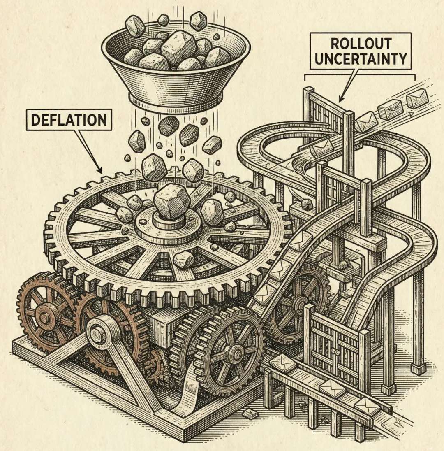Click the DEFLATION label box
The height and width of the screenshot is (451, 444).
tap(69, 120)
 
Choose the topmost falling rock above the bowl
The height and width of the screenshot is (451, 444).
tap(164, 19)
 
